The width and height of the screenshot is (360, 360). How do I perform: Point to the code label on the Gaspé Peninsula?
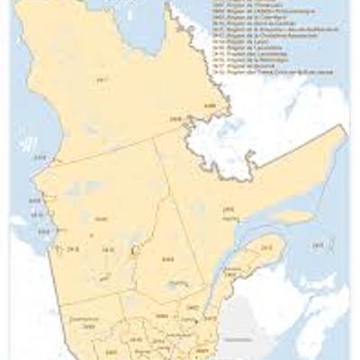(x=266, y=247)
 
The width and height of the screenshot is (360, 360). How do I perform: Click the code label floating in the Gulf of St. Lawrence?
(x=317, y=245)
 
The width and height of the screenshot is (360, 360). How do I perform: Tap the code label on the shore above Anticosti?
(x=229, y=209)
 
